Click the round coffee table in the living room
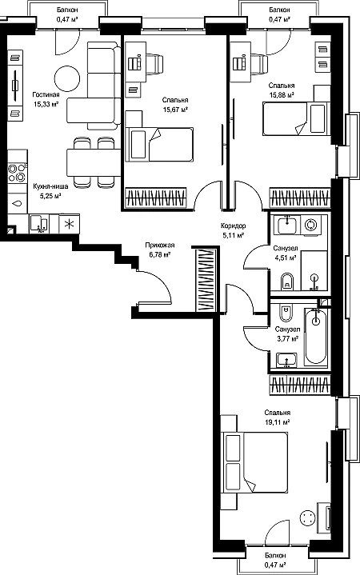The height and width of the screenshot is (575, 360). [66, 78]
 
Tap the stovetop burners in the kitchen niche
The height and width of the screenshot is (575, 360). [18, 173]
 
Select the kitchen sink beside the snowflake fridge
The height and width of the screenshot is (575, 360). [38, 224]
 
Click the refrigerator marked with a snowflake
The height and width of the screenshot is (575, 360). [69, 224]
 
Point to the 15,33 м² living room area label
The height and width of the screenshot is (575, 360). [46, 104]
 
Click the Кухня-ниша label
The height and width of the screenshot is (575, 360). [50, 186]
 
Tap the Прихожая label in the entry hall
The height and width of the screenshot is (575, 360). [160, 246]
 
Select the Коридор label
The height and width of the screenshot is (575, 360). [234, 226]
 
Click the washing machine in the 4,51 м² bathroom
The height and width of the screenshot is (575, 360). [311, 225]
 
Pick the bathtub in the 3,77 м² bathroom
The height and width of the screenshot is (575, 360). [315, 336]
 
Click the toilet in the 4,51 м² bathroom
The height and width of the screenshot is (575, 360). [286, 282]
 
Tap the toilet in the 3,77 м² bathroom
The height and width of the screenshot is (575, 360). [286, 313]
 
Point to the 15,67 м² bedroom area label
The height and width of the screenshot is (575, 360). [175, 110]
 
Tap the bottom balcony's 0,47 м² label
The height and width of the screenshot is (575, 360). [275, 565]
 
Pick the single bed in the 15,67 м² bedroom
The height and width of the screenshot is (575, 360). [159, 144]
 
